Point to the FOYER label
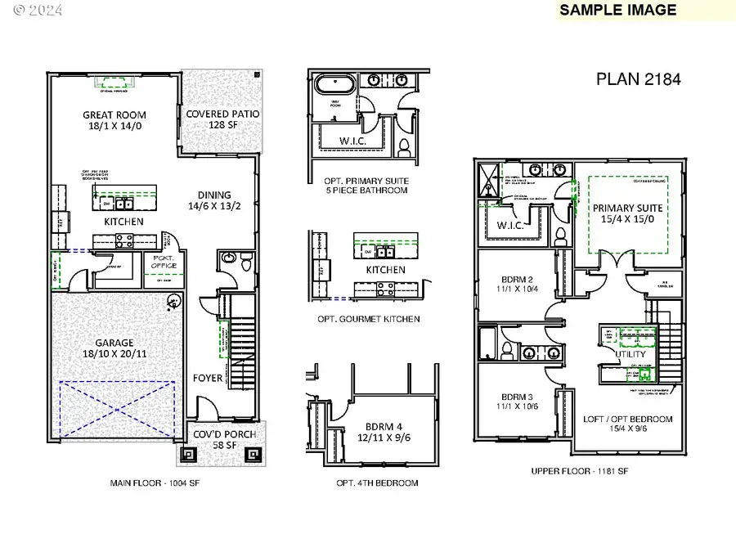pyautogui.click(x=206, y=379)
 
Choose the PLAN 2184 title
pyautogui.click(x=639, y=79)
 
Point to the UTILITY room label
pyautogui.click(x=631, y=355)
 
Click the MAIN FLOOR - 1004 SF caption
pyautogui.click(x=155, y=483)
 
